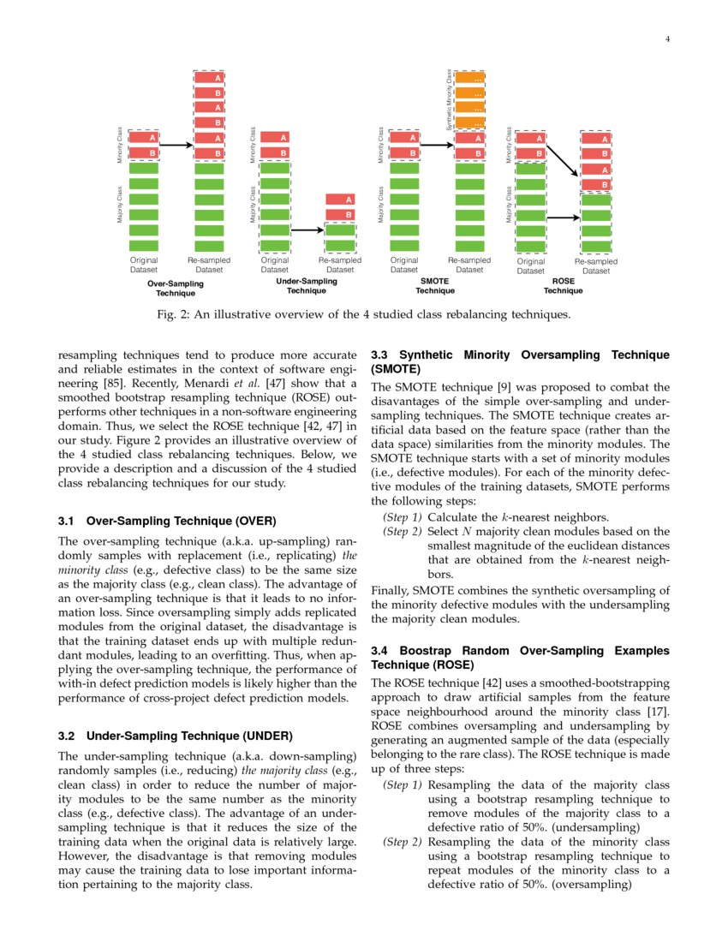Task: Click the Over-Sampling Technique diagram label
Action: point(175,287)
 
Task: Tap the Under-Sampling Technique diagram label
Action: point(306,286)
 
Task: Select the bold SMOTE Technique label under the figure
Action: point(435,286)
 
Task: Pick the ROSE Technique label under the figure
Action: point(564,286)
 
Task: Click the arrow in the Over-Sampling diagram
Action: point(176,145)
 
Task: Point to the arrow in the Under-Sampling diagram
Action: point(307,230)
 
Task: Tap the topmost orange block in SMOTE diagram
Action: point(469,78)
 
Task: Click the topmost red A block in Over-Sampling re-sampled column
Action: point(209,78)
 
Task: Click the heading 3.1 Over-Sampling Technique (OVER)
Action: point(166,520)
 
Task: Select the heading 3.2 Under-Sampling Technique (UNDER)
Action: point(175,736)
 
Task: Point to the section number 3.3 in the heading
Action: point(381,355)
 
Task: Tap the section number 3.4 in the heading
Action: point(381,651)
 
